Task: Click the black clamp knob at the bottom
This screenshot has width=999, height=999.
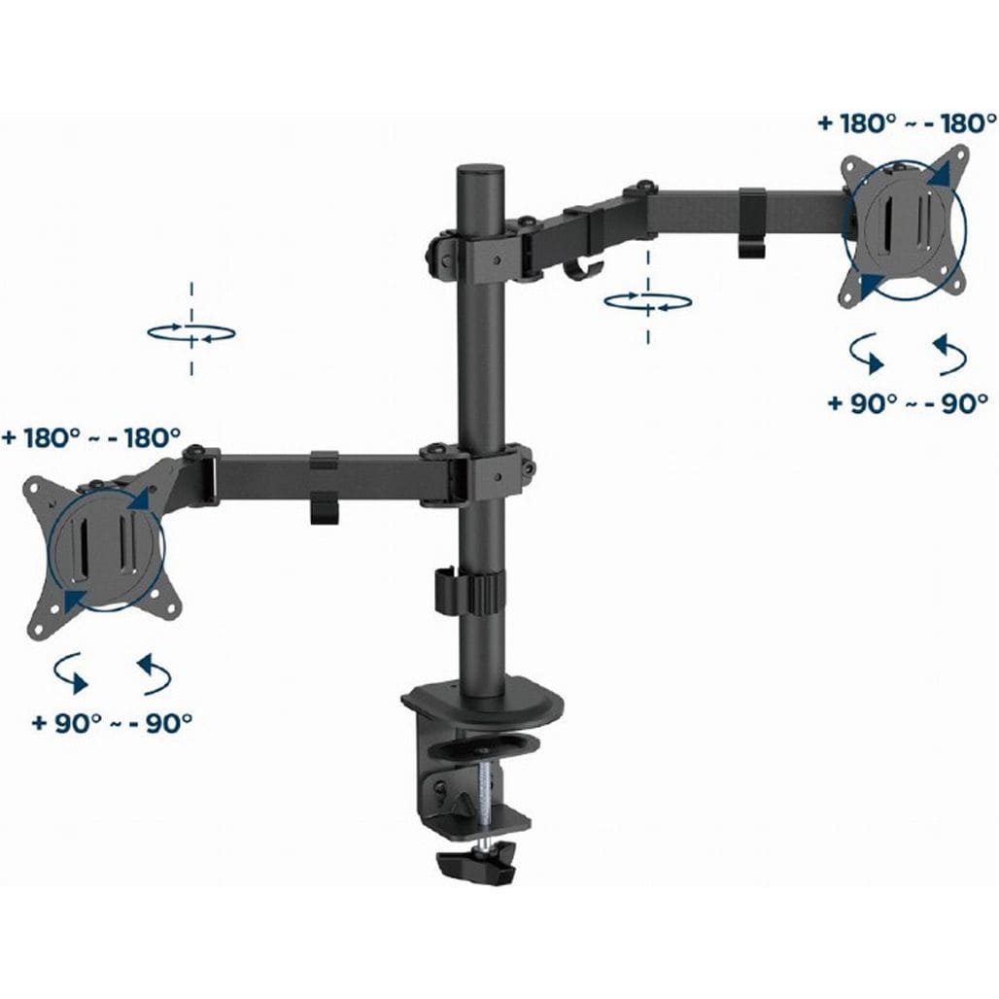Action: point(476,861)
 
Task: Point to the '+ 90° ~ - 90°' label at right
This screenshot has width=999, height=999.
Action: point(908,402)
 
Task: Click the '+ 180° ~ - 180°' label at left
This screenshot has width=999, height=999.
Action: point(91,437)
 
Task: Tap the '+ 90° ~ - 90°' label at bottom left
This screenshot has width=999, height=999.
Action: point(112,722)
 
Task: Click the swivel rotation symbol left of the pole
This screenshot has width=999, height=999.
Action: point(191,332)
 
